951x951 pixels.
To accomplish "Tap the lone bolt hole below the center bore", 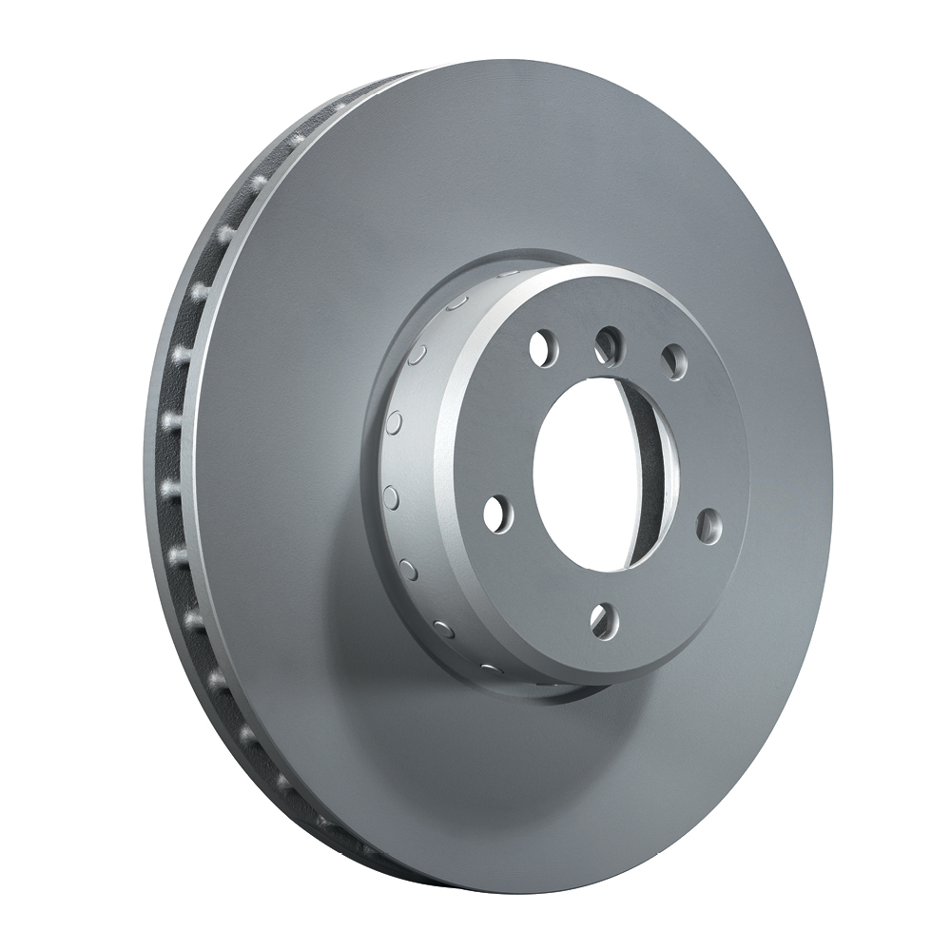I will (x=602, y=620).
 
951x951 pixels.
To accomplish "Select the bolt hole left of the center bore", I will (x=497, y=514).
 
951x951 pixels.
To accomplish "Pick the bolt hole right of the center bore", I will (x=708, y=525).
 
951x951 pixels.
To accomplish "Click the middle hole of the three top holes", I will (x=607, y=345).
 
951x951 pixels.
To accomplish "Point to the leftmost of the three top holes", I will (x=542, y=348).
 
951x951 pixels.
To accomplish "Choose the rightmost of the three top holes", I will (x=674, y=362).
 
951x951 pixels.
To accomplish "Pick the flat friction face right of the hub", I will (x=780, y=428).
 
